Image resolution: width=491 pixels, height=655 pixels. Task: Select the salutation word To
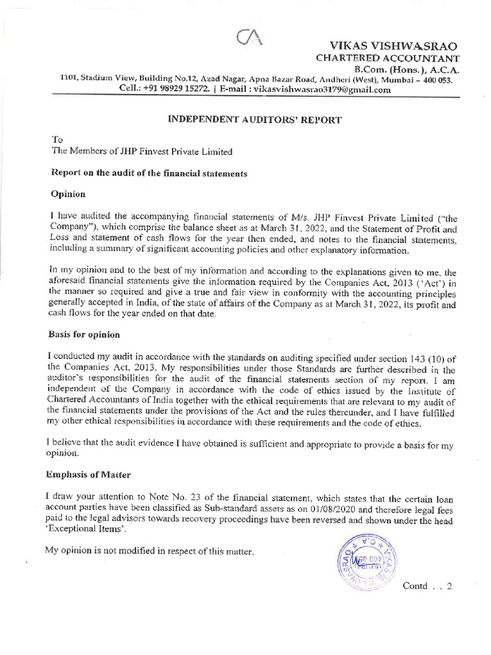[x=56, y=139]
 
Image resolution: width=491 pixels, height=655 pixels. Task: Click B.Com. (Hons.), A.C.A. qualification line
[x=403, y=70]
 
